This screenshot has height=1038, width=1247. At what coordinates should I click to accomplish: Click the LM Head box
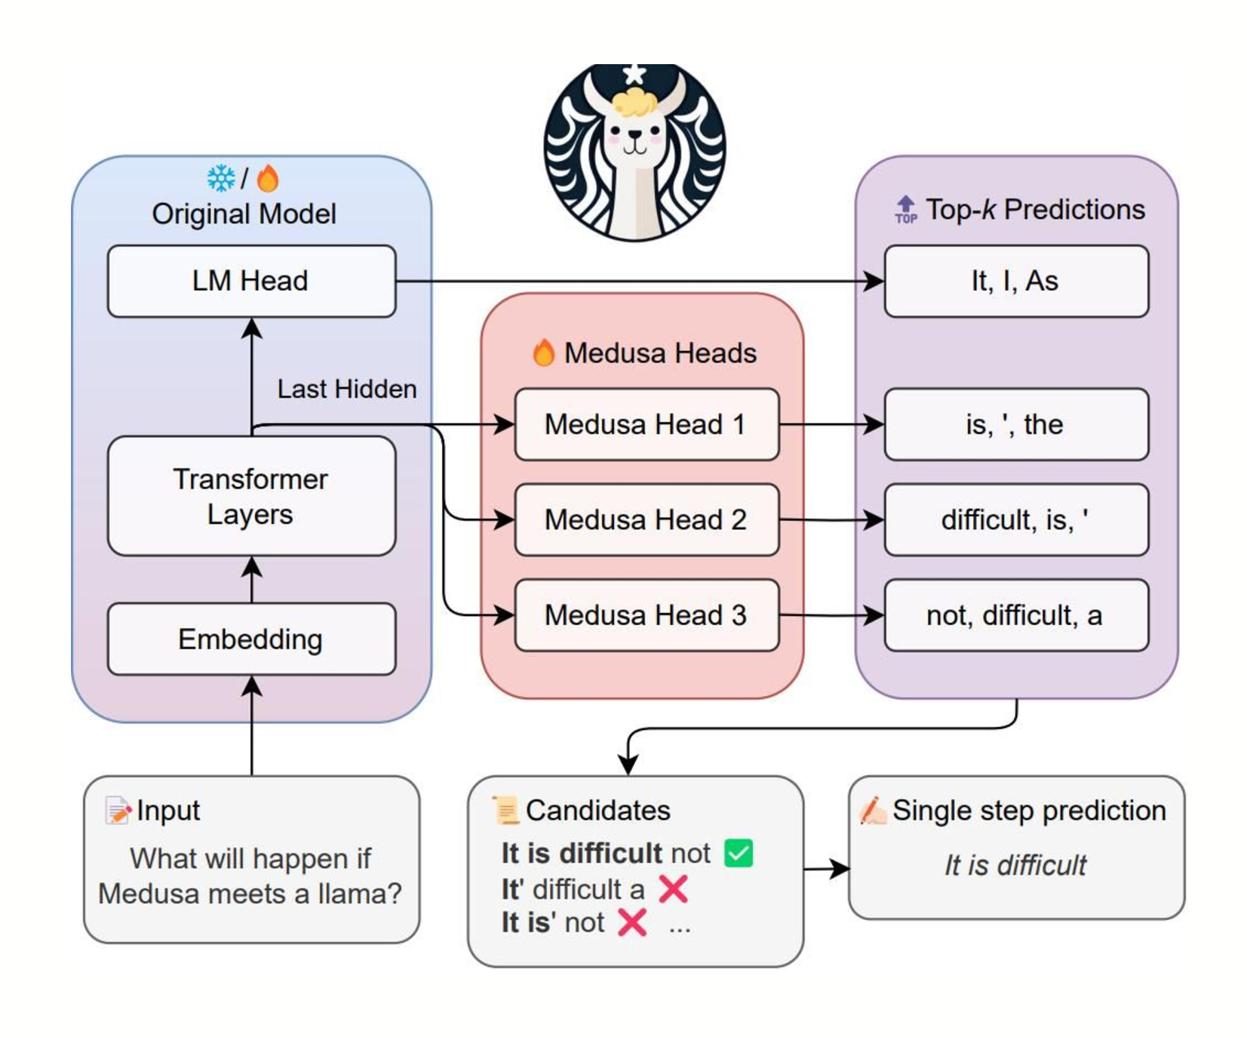click(251, 281)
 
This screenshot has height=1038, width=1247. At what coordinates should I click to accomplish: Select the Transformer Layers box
click(251, 496)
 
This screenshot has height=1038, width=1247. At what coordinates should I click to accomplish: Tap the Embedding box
click(251, 639)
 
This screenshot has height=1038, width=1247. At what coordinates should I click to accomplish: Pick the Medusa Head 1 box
click(647, 424)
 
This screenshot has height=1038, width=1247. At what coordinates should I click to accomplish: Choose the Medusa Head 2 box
click(647, 519)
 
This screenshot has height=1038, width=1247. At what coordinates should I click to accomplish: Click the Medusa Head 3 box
click(647, 615)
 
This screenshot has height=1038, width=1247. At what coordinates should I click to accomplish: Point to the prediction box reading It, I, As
click(1015, 281)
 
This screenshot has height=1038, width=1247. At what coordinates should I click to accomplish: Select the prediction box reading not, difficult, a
click(1015, 615)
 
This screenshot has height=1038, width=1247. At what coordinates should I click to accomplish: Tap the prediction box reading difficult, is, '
click(1015, 519)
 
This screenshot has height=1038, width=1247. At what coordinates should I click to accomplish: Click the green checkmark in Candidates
click(738, 853)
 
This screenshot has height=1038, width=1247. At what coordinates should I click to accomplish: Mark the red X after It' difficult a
click(673, 889)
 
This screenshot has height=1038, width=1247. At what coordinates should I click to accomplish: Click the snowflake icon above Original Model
click(221, 179)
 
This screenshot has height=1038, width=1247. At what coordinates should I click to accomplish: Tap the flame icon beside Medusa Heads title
click(543, 353)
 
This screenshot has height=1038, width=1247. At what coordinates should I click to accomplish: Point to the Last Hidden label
click(346, 389)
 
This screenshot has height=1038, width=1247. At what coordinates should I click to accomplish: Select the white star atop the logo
click(634, 74)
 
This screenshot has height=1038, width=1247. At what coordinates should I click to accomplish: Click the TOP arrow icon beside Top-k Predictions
click(905, 209)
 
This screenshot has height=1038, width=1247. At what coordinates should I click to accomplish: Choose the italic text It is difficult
click(1015, 865)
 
